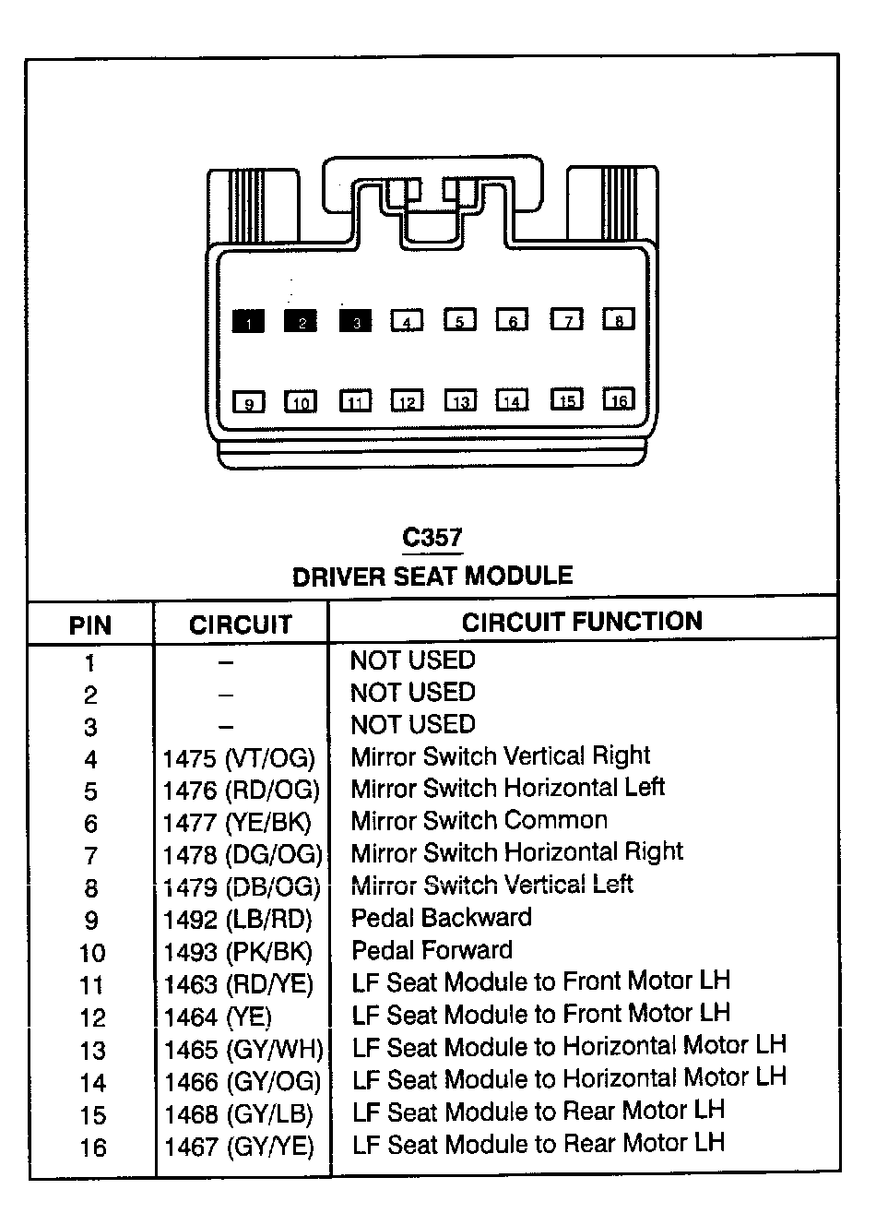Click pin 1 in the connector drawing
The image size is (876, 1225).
click(248, 321)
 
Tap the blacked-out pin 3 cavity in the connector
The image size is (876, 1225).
click(355, 321)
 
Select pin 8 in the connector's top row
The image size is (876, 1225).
click(619, 319)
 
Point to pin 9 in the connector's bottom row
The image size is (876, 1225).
click(248, 402)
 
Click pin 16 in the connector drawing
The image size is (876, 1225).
click(619, 399)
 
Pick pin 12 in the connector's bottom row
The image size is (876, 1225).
click(407, 401)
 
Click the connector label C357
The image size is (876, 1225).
click(432, 537)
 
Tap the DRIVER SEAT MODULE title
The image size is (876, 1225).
click(432, 577)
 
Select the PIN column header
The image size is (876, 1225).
click(90, 625)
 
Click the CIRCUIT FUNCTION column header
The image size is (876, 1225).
click(582, 622)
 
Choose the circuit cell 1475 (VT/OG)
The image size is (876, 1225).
click(239, 759)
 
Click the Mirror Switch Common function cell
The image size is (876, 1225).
click(479, 820)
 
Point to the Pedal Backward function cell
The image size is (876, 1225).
click(442, 918)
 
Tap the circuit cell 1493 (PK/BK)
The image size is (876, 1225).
click(239, 952)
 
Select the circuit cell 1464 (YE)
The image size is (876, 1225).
click(218, 1017)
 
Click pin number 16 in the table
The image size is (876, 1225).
click(92, 1148)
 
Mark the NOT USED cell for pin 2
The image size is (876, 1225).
click(413, 693)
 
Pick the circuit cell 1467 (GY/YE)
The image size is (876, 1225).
click(239, 1147)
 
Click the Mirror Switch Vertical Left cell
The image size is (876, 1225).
click(492, 886)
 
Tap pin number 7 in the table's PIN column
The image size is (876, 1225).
click(90, 856)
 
